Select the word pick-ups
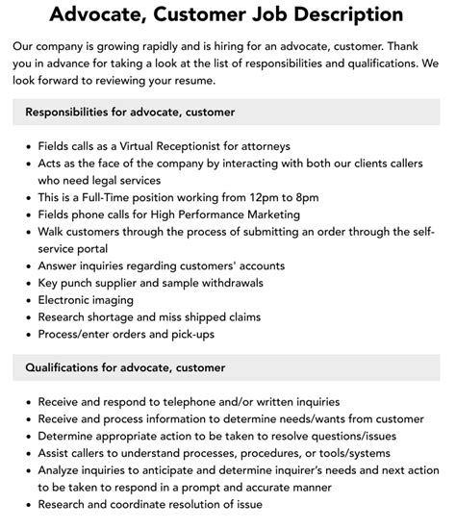[x=189, y=334]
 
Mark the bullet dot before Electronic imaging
[x=26, y=300]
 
